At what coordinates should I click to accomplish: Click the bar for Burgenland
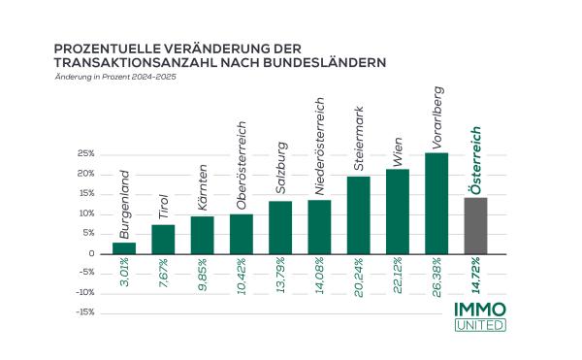pyautogui.click(x=124, y=248)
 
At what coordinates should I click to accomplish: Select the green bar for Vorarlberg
pyautogui.click(x=436, y=203)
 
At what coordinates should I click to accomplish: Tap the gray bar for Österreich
pyautogui.click(x=476, y=225)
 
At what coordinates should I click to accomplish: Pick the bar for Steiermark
pyautogui.click(x=359, y=214)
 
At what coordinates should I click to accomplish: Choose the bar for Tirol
pyautogui.click(x=163, y=239)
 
